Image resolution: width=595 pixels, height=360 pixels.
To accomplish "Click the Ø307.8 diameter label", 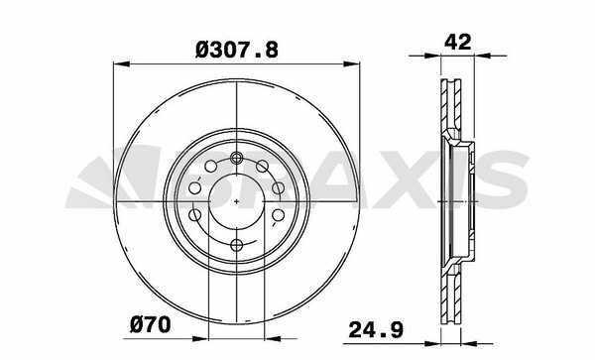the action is [x=237, y=50].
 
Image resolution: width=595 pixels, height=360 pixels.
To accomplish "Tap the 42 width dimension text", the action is [x=457, y=42].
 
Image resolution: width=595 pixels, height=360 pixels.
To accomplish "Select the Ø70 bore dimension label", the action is [x=151, y=325].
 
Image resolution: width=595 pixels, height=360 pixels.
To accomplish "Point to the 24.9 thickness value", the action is [x=376, y=329].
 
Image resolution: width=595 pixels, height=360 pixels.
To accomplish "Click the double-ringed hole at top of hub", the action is [x=237, y=157].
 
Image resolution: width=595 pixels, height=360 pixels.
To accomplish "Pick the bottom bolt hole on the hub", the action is [x=237, y=245].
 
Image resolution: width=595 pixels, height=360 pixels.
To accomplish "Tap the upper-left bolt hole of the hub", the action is [x=210, y=167].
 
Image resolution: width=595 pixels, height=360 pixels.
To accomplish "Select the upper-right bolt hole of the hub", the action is [x=262, y=167].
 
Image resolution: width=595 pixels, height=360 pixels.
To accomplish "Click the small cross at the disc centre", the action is [x=237, y=201].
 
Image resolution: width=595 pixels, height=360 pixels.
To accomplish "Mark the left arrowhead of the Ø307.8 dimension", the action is [x=121, y=64].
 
